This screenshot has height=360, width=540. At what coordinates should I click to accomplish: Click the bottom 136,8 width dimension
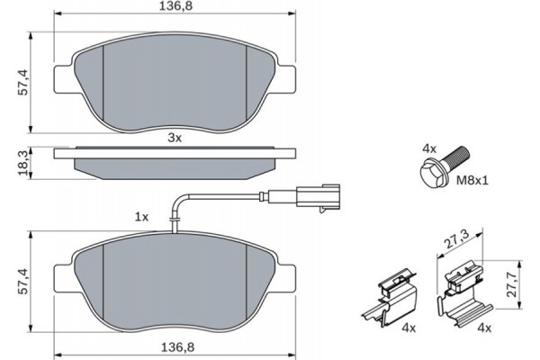(175, 346)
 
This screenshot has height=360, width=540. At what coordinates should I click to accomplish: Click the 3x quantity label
(175, 138)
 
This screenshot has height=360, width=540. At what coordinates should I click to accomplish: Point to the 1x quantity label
(140, 217)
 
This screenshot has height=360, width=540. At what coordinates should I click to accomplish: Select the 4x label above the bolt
(429, 146)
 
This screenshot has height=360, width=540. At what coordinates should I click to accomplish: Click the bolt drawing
(440, 168)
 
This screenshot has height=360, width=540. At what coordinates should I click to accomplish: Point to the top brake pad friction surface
(175, 86)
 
